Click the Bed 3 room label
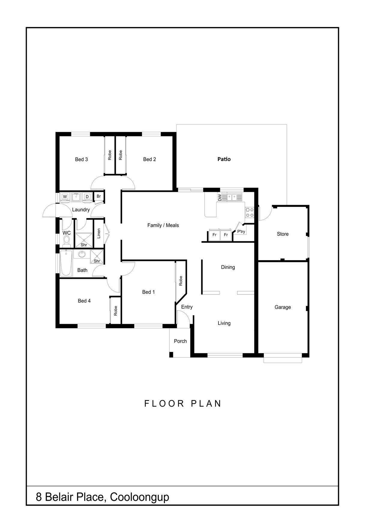pos(81,159)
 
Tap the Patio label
pos(224,159)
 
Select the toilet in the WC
pos(67,241)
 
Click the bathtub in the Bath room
pos(66,263)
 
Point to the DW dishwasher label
pos(220,198)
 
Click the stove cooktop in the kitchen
pos(250,212)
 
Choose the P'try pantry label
pos(241,232)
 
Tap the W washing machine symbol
pos(65,197)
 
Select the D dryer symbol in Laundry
pos(87,197)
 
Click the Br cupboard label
pos(98,196)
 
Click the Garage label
pos(283,307)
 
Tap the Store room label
pos(283,234)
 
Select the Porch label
pos(180,341)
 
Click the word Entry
pos(187,307)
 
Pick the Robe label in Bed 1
pos(181,281)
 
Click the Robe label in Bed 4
pos(115,311)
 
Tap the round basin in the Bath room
pos(82,254)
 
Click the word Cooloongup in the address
pos(139,497)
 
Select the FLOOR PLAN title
pos(183,403)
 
